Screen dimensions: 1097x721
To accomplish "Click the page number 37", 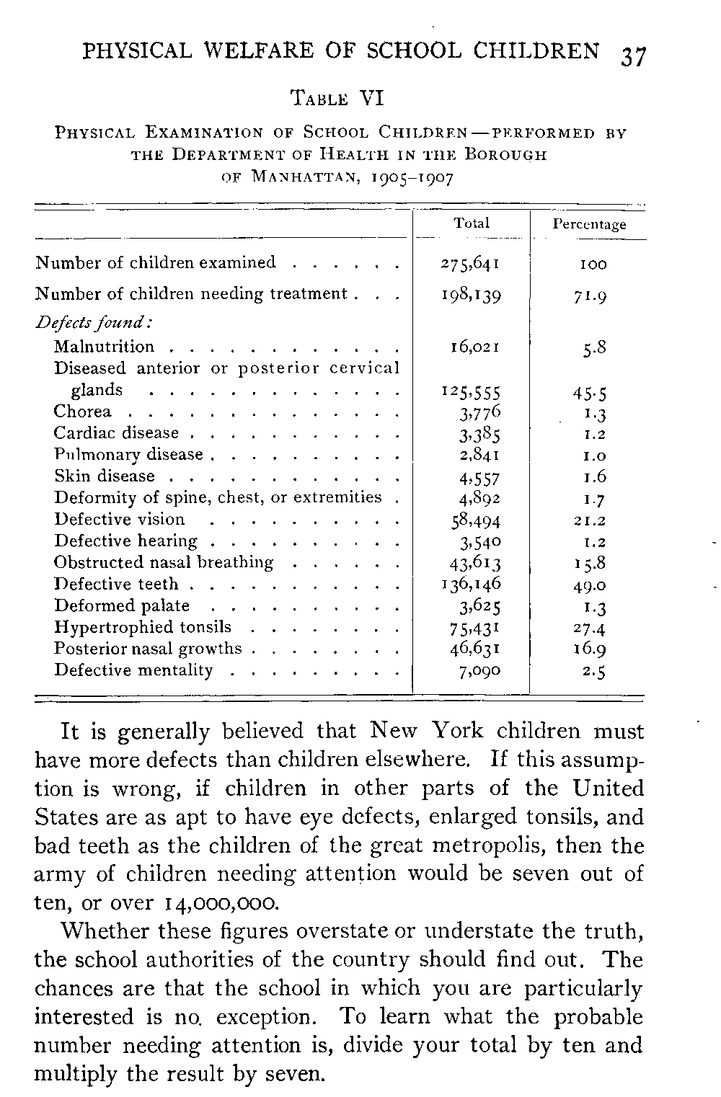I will (x=632, y=55).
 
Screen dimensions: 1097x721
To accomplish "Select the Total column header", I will (x=472, y=223).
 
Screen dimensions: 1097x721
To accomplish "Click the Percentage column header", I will (x=589, y=224).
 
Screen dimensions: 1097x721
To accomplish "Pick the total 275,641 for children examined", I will (x=471, y=263).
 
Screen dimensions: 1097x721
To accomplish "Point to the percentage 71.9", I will (x=590, y=296).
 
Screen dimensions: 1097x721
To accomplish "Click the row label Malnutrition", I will (x=104, y=347).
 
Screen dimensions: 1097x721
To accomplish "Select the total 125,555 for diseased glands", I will (x=471, y=392).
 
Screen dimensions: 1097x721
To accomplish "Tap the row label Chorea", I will (x=83, y=412).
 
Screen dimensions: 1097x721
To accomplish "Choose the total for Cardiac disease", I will (x=479, y=435).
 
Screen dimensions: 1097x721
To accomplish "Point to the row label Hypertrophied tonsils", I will (x=143, y=627).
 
